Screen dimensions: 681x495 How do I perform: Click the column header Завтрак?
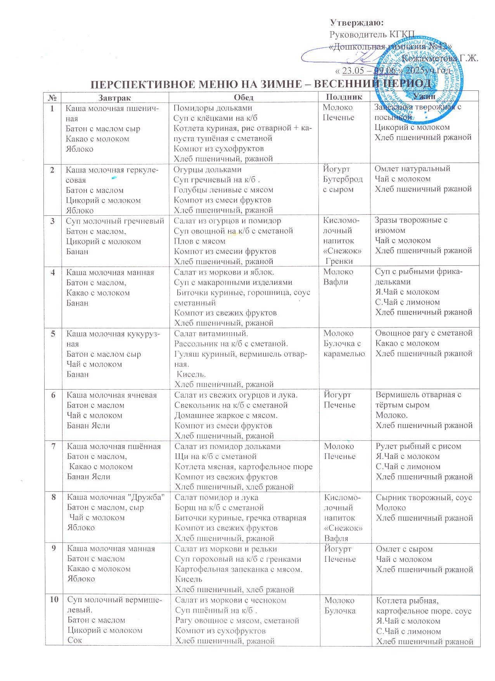pyautogui.click(x=115, y=97)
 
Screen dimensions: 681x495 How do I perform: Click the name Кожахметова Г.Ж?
pyautogui.click(x=440, y=59)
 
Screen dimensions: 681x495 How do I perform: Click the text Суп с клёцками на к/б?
pyautogui.click(x=215, y=118)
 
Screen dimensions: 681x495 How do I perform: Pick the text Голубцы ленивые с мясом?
pyautogui.click(x=223, y=190)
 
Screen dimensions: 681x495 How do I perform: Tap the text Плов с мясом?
pyautogui.click(x=194, y=241)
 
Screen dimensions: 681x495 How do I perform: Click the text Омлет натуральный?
pyautogui.click(x=412, y=169)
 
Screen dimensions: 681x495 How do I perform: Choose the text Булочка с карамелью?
pyautogui.click(x=344, y=348)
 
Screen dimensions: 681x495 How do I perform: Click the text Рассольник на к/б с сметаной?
pyautogui.click(x=231, y=343)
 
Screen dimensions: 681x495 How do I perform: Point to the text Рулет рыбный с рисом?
pyautogui.click(x=419, y=446)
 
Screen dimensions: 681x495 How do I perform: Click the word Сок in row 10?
pyautogui.click(x=74, y=640)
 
